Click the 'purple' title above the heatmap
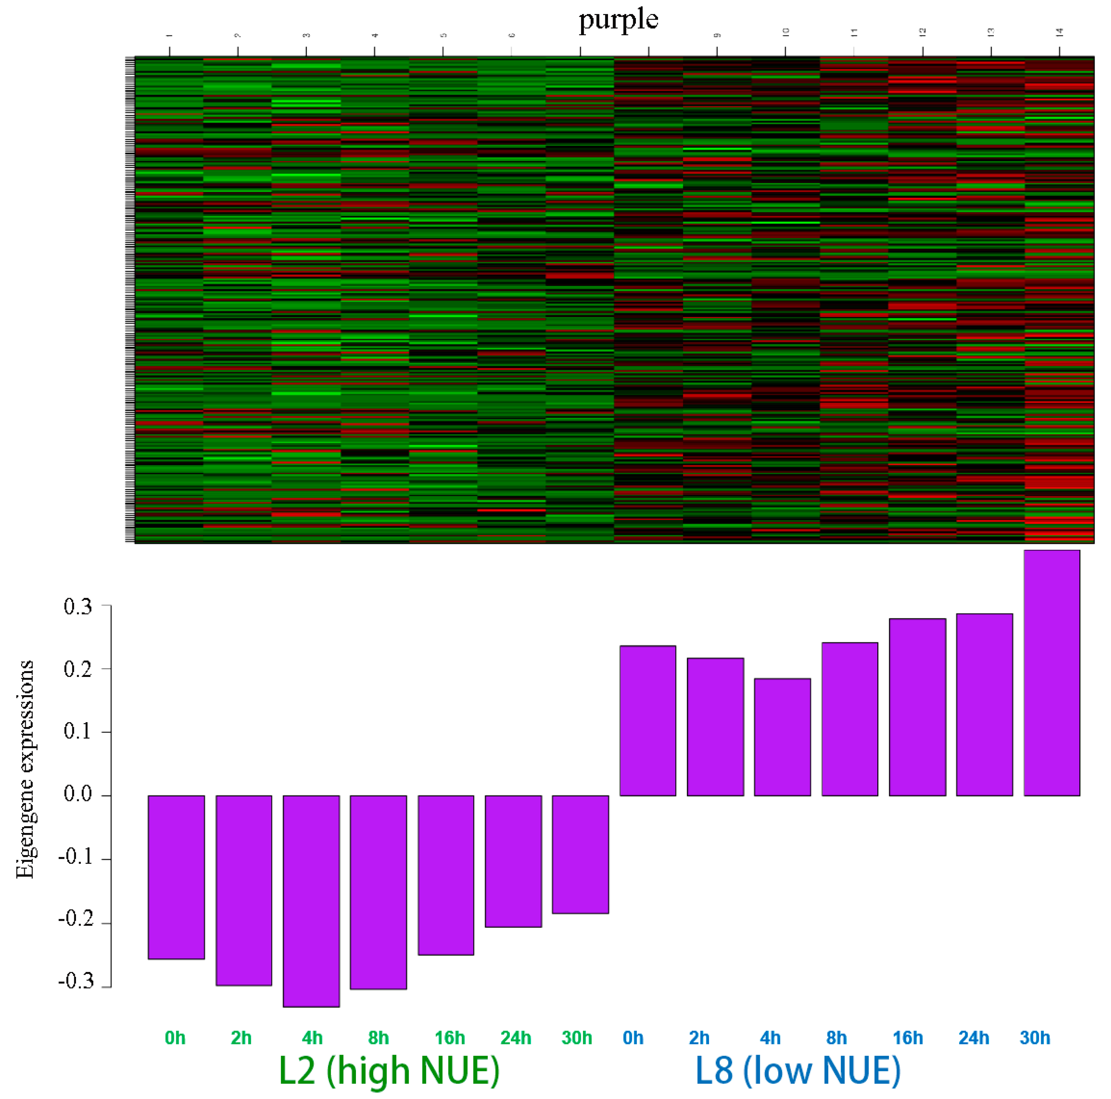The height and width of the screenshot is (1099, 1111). click(618, 19)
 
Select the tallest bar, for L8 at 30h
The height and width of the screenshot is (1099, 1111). click(1052, 673)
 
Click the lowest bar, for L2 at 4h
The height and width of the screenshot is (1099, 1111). click(311, 901)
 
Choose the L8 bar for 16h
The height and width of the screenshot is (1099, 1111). click(917, 707)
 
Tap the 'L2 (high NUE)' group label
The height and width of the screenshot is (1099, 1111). click(389, 1070)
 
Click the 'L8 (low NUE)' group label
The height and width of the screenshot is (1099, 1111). click(798, 1070)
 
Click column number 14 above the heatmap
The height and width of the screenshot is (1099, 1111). click(1059, 33)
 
